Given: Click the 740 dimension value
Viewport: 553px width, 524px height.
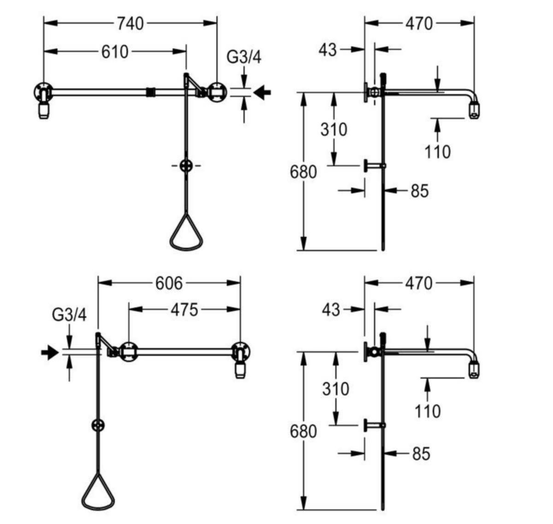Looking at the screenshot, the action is (x=130, y=24).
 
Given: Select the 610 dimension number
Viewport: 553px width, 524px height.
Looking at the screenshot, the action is (x=115, y=52).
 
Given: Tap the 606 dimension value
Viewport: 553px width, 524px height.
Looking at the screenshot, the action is (x=169, y=283).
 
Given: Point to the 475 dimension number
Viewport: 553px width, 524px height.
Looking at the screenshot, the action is (x=184, y=310).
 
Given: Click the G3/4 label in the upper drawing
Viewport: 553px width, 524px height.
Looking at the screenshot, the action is (x=244, y=57).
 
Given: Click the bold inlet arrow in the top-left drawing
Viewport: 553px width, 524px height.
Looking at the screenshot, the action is (x=262, y=92).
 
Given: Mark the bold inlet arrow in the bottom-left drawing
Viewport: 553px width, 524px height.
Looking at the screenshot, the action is (x=50, y=352).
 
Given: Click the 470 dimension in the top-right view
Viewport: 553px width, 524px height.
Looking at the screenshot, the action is (x=419, y=24).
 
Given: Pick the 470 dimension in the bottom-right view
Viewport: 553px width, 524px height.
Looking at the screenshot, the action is (x=418, y=283).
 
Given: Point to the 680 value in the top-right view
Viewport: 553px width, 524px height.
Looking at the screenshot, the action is (x=303, y=172).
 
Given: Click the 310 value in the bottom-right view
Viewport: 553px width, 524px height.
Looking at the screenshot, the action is (x=335, y=389).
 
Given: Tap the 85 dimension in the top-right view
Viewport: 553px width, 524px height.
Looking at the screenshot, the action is (x=420, y=191).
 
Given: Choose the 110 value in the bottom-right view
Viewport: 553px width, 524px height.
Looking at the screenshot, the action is (x=428, y=411).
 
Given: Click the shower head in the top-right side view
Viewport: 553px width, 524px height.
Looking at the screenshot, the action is (x=474, y=110).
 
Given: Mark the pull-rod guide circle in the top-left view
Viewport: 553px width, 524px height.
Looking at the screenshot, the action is (x=186, y=166).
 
